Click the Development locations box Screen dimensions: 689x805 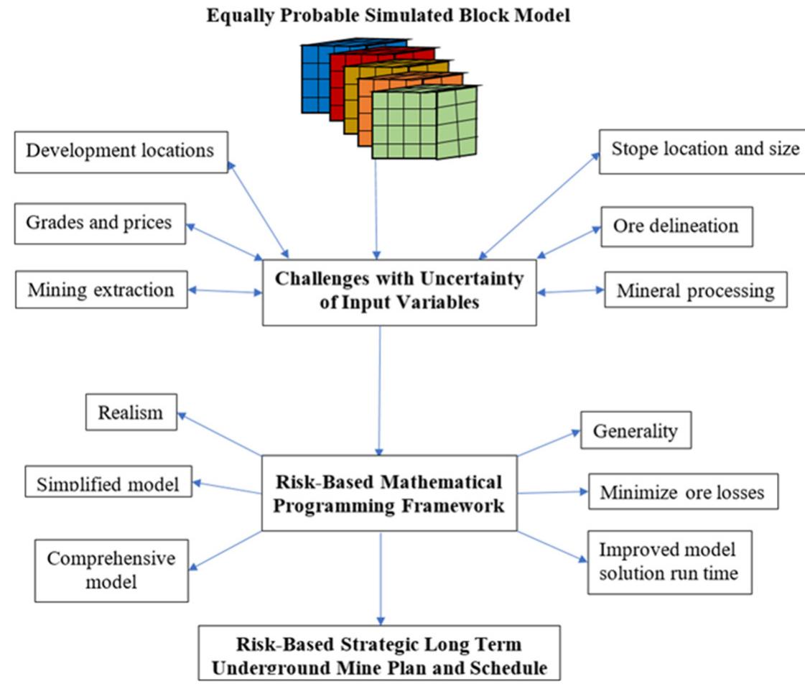[120, 152]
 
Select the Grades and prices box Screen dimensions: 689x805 [99, 223]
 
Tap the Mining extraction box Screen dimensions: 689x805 [101, 290]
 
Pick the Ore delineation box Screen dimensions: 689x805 [676, 226]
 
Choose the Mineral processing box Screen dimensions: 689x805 [695, 290]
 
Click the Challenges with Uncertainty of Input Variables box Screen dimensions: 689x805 [399, 291]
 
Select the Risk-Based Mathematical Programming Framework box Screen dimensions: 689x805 [389, 493]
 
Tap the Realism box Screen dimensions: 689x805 [131, 412]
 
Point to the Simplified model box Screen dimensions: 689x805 [108, 481]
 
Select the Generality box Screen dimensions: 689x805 [635, 430]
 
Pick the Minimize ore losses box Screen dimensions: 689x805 [682, 492]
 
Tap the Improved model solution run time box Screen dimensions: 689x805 [669, 562]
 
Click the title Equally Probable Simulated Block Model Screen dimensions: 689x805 [388, 16]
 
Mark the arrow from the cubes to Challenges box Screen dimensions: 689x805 [376, 208]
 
